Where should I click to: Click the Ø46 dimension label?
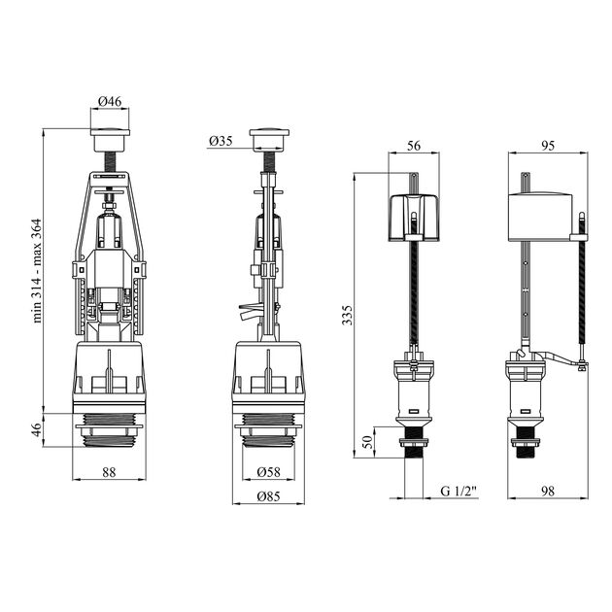[110, 101]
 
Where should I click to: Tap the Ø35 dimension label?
[221, 141]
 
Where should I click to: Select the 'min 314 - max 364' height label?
[37, 270]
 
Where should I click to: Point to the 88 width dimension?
[109, 472]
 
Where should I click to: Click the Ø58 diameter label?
[268, 472]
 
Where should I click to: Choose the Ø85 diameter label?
[268, 496]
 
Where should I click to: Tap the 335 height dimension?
[347, 315]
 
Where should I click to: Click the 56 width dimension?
[414, 146]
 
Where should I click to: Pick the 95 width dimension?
[548, 146]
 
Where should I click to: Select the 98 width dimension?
[548, 491]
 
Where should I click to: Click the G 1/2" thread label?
[459, 491]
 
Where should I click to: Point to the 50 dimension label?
[368, 442]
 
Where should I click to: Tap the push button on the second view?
[269, 140]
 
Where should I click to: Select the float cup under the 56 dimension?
[414, 218]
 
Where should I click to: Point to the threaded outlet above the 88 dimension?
[110, 430]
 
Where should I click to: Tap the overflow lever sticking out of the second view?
[248, 312]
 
